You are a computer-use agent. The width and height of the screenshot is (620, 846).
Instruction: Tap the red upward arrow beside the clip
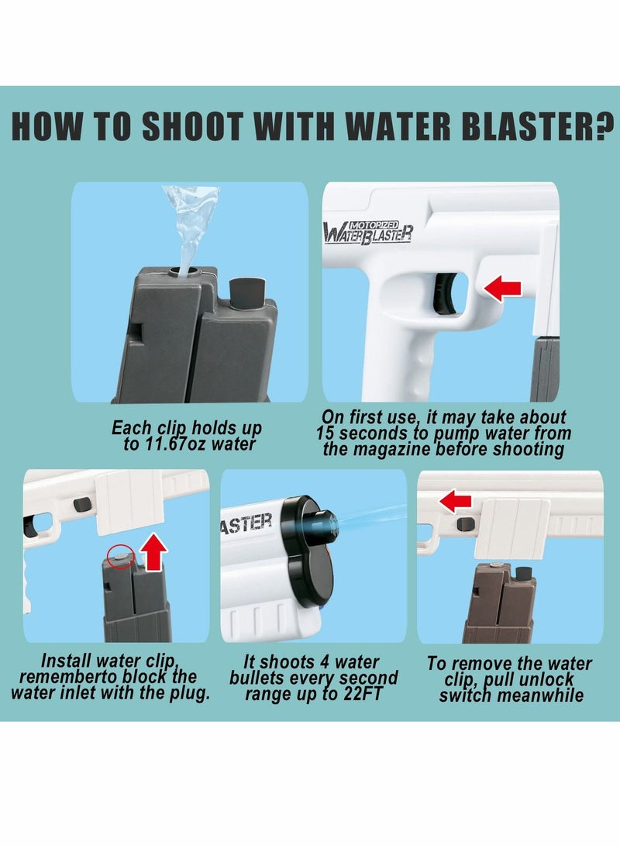(153, 552)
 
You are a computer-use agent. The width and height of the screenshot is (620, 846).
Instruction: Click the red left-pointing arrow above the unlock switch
(456, 501)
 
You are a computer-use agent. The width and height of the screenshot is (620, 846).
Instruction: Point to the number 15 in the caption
(325, 433)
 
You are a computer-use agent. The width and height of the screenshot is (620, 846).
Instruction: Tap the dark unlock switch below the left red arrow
(465, 523)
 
